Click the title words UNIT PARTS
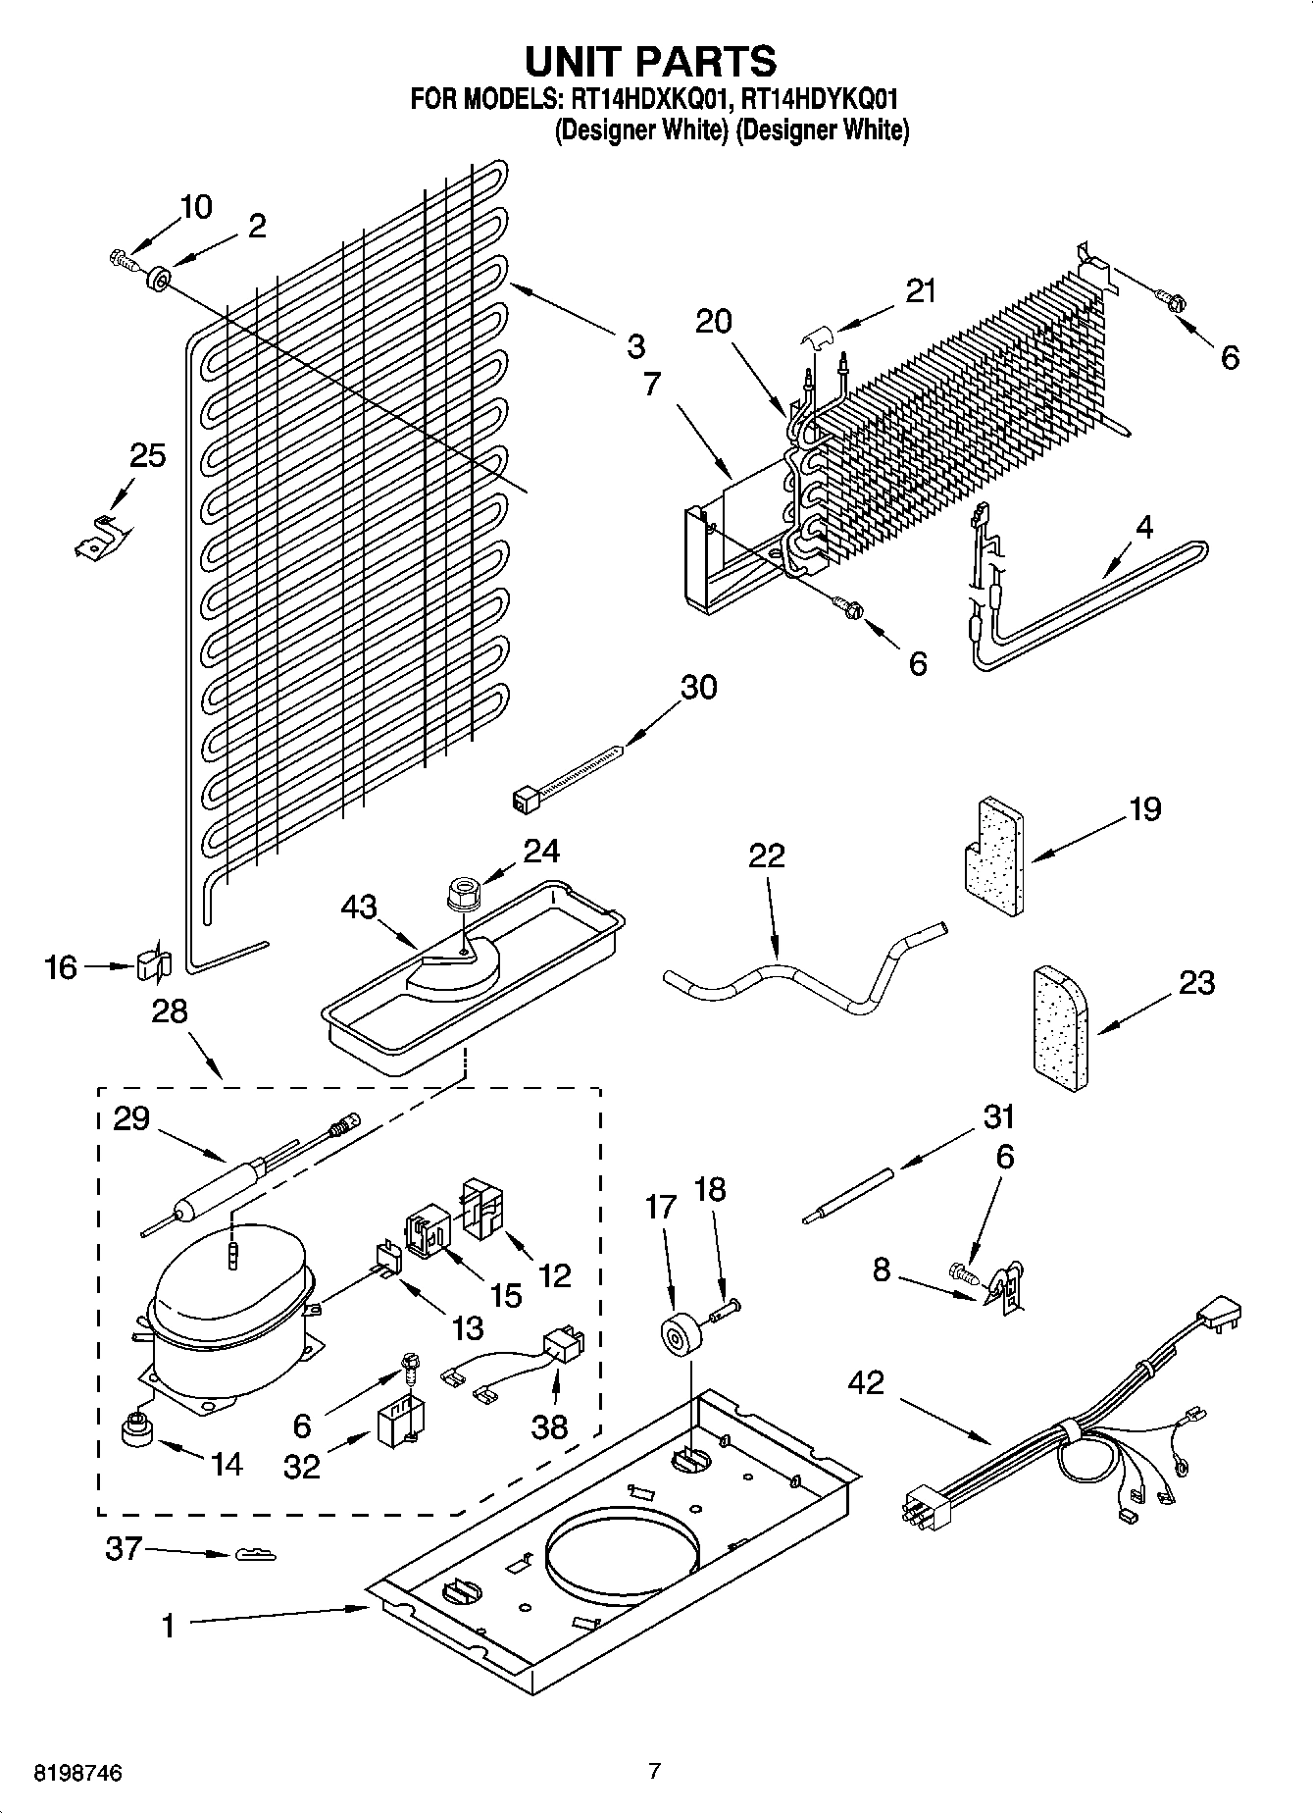click(x=651, y=61)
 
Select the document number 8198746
click(x=78, y=1773)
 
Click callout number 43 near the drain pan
click(x=359, y=907)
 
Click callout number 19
click(x=1144, y=810)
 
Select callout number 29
click(x=132, y=1117)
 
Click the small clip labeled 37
click(x=256, y=1555)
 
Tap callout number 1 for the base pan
click(x=169, y=1627)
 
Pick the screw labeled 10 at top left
click(x=119, y=261)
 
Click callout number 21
click(x=920, y=291)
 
